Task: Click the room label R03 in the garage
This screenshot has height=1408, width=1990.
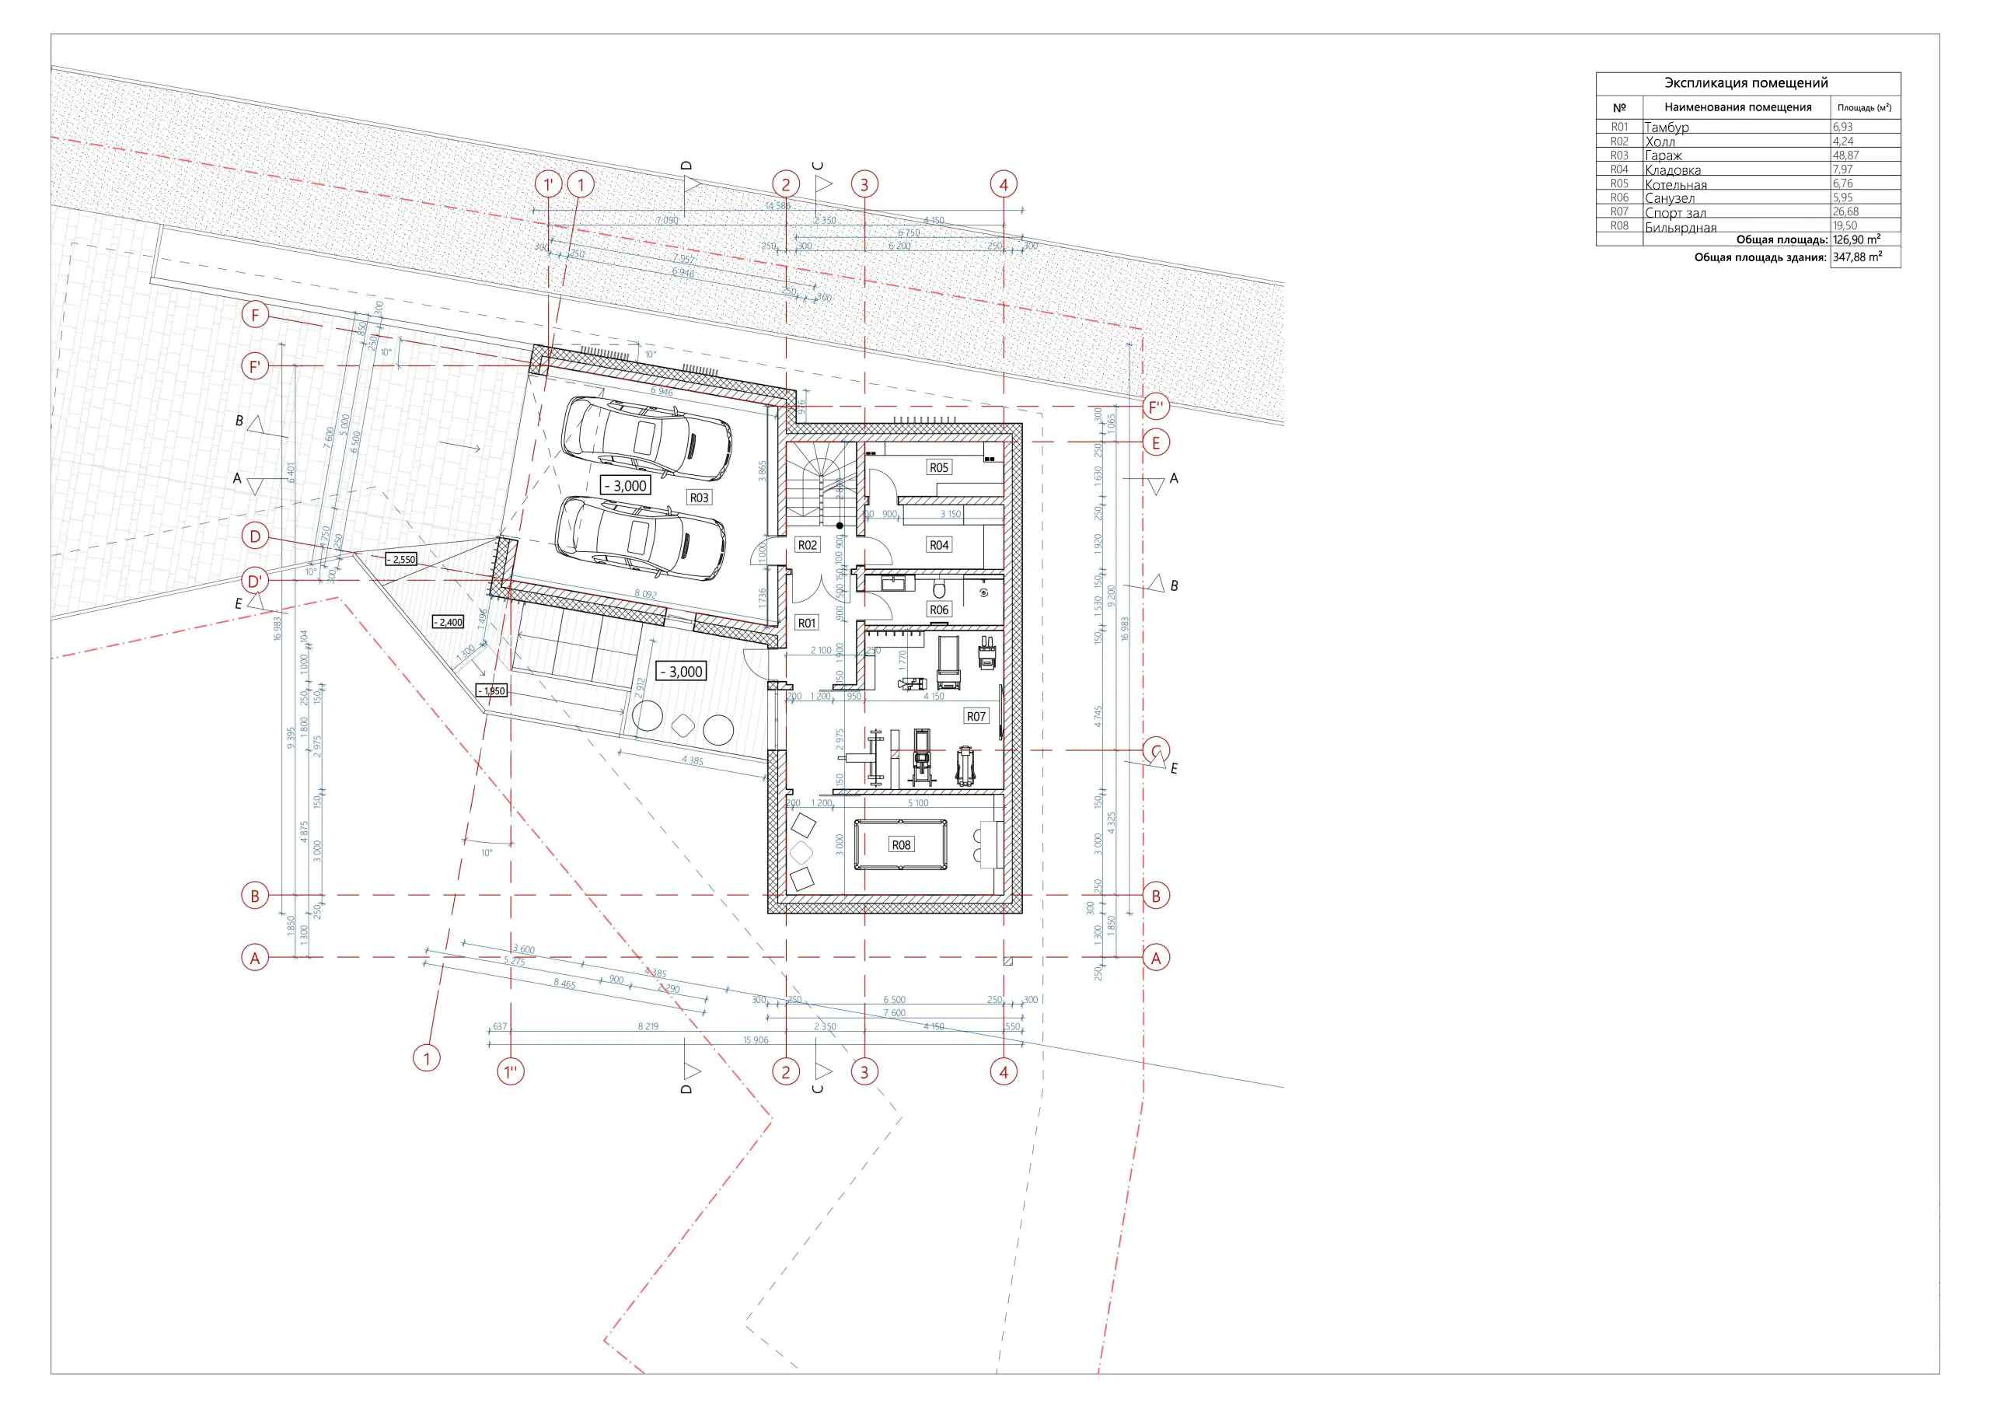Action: pos(699,498)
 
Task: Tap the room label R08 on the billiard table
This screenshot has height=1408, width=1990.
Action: pos(902,844)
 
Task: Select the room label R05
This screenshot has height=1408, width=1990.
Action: pos(939,467)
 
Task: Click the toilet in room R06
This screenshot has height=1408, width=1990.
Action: pos(940,590)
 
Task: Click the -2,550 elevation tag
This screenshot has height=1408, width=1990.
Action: pos(401,559)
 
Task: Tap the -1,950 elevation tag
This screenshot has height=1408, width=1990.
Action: pos(491,691)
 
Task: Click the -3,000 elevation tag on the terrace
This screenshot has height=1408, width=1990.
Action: pos(680,671)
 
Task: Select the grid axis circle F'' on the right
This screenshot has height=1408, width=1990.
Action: pos(1156,407)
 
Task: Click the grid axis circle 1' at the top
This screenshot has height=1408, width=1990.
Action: pos(549,185)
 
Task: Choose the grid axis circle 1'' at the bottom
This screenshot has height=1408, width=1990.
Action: pos(511,1072)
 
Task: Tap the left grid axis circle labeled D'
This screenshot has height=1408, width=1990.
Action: pos(255,581)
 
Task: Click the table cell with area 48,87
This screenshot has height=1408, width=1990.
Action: pos(1863,155)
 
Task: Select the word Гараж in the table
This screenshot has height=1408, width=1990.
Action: pos(1664,156)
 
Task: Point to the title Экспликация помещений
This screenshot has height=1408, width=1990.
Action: pos(1747,83)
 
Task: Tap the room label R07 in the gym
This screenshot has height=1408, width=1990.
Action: pos(976,716)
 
